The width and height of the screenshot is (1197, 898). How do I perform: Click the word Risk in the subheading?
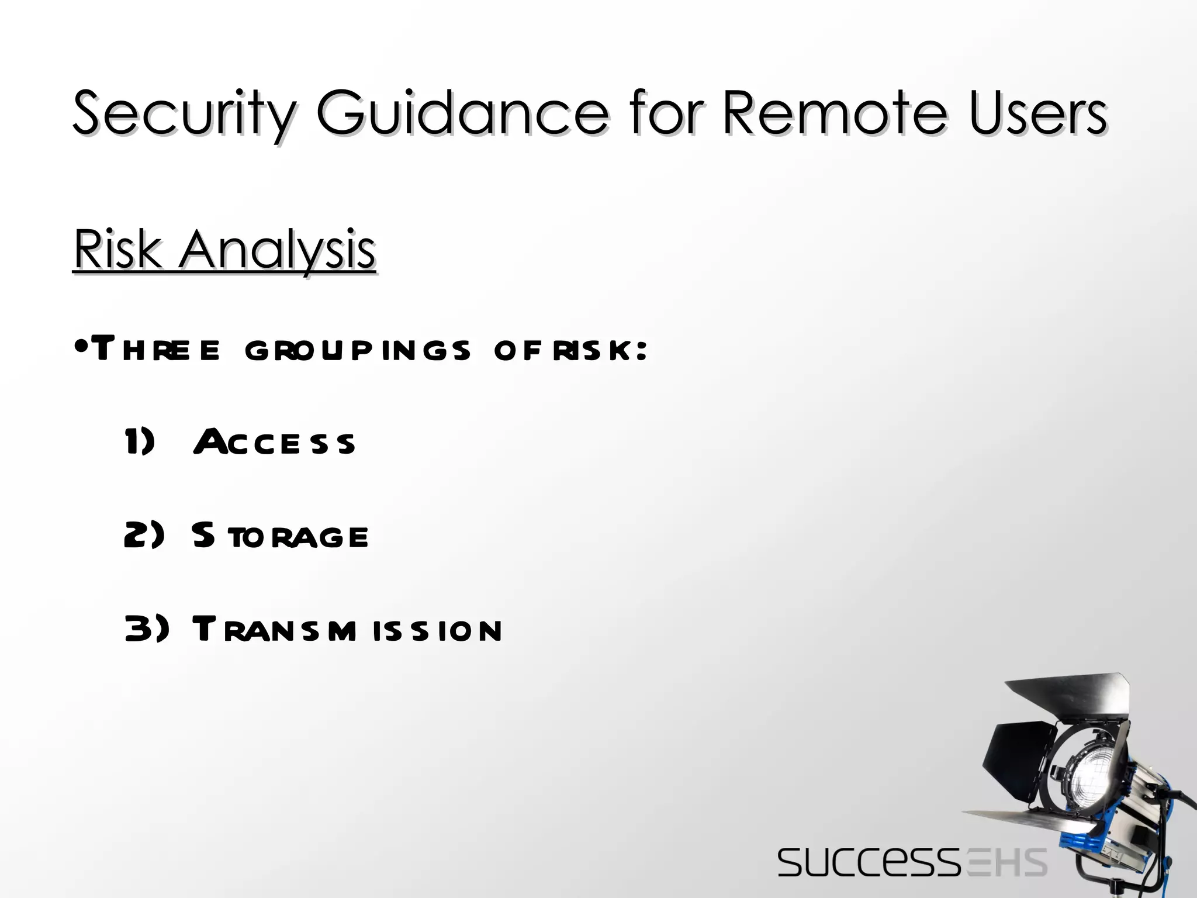(117, 250)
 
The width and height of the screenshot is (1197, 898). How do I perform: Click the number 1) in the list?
(140, 441)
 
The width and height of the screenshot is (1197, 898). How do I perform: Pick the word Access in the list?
(274, 442)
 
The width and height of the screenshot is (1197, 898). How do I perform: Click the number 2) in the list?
(144, 535)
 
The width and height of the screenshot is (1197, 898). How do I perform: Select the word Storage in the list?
(280, 536)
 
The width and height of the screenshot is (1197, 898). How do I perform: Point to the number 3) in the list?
(146, 629)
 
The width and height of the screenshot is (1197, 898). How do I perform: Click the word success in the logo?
(869, 862)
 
